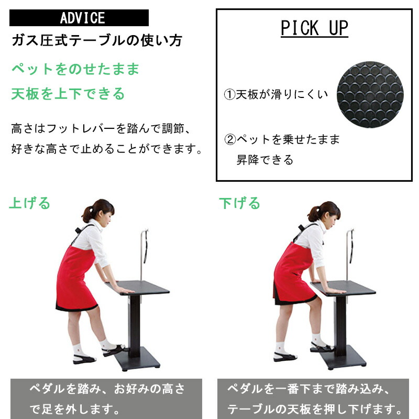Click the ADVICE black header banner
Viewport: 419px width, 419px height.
[x=79, y=18]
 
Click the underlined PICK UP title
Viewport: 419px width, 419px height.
[x=314, y=28]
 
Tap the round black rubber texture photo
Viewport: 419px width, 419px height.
[x=370, y=94]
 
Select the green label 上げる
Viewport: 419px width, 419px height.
[x=30, y=203]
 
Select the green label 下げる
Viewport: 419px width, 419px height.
[x=240, y=203]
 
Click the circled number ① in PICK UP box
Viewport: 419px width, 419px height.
[x=229, y=95]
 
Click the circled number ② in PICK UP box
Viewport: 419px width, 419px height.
[x=230, y=139]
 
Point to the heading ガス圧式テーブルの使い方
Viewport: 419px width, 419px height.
[x=97, y=41]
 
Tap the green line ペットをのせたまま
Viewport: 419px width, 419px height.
[x=75, y=69]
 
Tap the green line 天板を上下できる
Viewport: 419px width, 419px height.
[x=68, y=94]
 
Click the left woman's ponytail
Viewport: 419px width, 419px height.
[x=87, y=214]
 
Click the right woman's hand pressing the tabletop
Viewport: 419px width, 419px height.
[x=334, y=291]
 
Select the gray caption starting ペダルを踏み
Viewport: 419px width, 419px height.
[x=106, y=399]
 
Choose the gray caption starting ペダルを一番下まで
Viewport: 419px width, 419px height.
[x=313, y=399]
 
